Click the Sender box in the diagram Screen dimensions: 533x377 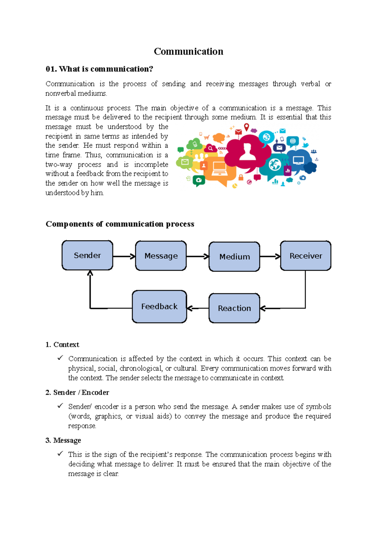coord(87,255)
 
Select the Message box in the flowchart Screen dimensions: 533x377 coord(161,256)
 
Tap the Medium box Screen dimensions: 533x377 coord(234,256)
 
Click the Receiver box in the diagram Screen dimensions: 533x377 coord(305,256)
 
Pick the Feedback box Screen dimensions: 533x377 coord(159,306)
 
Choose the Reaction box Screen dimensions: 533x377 coord(234,308)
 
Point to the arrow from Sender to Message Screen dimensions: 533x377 coord(124,256)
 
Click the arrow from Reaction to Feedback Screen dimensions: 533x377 coord(198,308)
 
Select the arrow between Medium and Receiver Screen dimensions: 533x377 coord(270,256)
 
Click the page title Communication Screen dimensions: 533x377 coord(188,51)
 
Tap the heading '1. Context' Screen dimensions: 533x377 coord(62,345)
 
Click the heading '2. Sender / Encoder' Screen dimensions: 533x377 coord(77,392)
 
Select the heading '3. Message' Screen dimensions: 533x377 coord(63,440)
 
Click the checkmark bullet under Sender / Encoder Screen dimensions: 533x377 coord(60,406)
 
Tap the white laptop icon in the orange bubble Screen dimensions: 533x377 coord(219,169)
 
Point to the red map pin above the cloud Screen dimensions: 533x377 coord(247,127)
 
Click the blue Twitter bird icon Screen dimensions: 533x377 coord(305,145)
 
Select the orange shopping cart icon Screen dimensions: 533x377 coord(207,137)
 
